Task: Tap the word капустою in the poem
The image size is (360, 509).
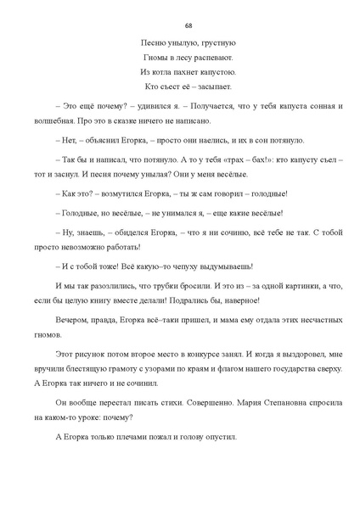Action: pyautogui.click(x=211, y=72)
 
